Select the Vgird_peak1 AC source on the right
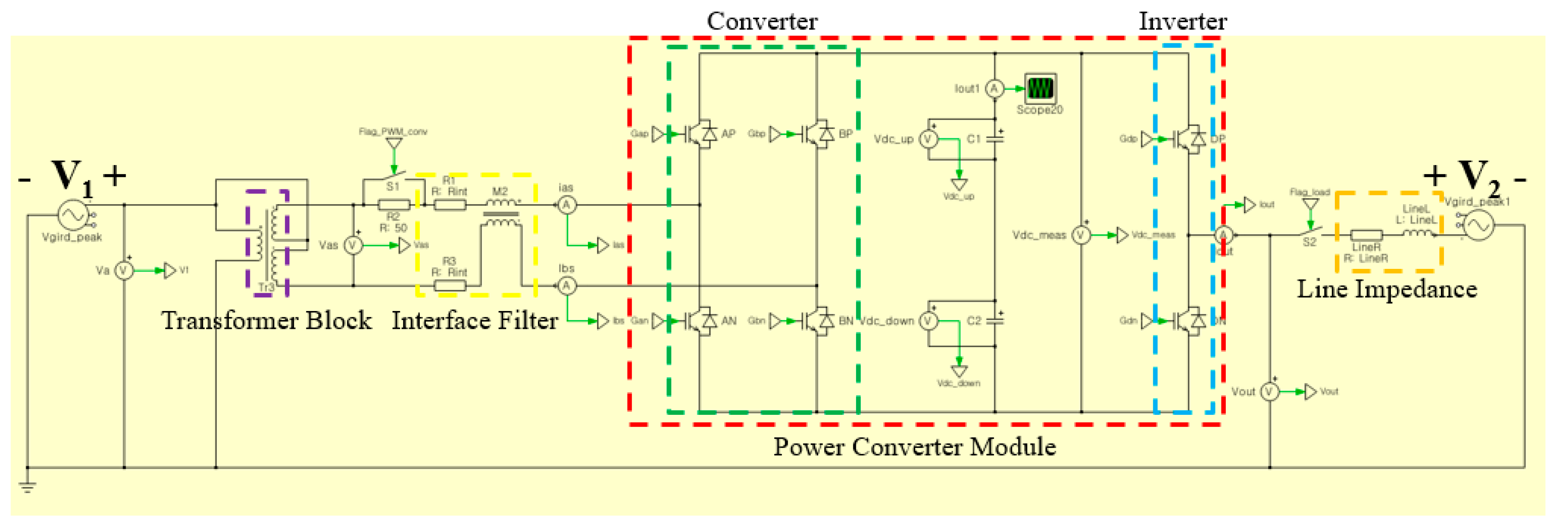(x=1477, y=225)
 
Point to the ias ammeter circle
(x=566, y=205)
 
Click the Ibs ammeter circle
(x=566, y=286)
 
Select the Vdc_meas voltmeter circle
(x=1081, y=235)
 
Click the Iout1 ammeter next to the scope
(x=994, y=89)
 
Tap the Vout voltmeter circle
(x=1270, y=392)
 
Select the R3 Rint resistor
(x=450, y=286)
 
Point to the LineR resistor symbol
(x=1366, y=235)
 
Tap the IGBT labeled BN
(x=816, y=321)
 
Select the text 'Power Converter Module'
(x=915, y=447)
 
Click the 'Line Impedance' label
(x=1387, y=290)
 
